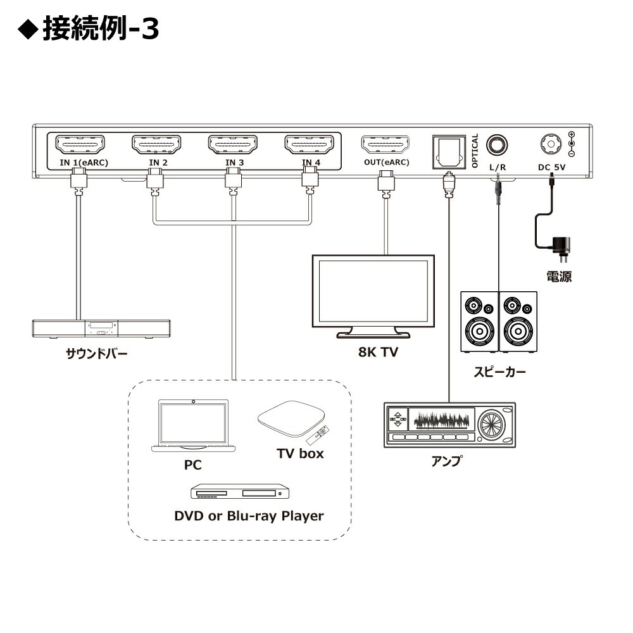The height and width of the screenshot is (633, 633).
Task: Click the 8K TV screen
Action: point(373,291)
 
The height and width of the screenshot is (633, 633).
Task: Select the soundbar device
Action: point(101,328)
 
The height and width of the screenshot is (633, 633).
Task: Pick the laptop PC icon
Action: point(193,426)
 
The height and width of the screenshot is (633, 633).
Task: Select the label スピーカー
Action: point(500,372)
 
